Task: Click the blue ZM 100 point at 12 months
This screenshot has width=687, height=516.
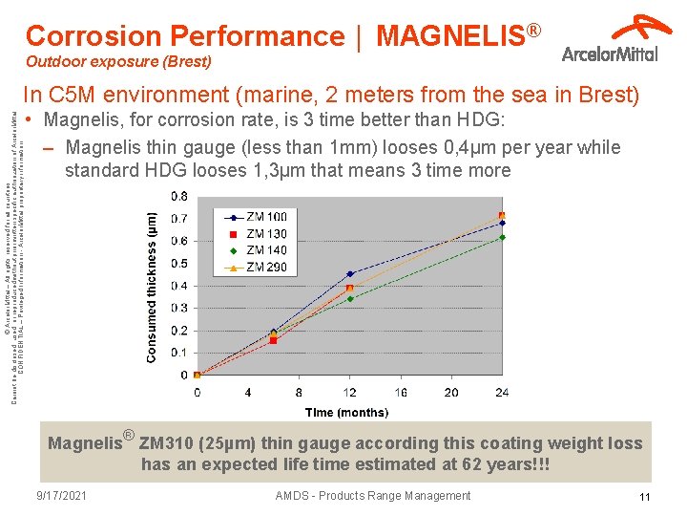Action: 350,274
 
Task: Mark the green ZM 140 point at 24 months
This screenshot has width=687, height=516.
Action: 502,237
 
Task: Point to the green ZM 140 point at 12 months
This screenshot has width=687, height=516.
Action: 350,299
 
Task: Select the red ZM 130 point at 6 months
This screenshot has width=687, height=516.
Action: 273,340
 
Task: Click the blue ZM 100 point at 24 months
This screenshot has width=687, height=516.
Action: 502,223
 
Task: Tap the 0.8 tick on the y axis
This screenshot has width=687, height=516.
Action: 178,196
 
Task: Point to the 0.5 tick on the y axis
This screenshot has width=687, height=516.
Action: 178,263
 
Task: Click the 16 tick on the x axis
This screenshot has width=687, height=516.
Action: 400,392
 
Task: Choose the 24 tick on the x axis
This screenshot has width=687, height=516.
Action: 502,392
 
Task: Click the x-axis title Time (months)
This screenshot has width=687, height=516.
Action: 347,412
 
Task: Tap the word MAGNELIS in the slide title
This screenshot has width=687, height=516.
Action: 451,36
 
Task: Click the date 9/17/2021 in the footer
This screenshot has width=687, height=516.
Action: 62,496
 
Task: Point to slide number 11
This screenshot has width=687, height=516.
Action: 644,497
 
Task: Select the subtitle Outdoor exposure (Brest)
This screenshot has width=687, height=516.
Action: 118,62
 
